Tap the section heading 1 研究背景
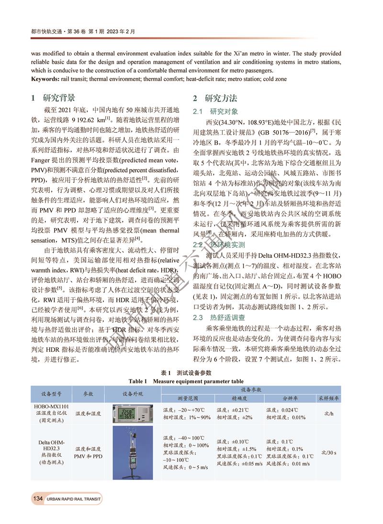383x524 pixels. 53,98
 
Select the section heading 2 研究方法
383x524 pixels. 215,98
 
